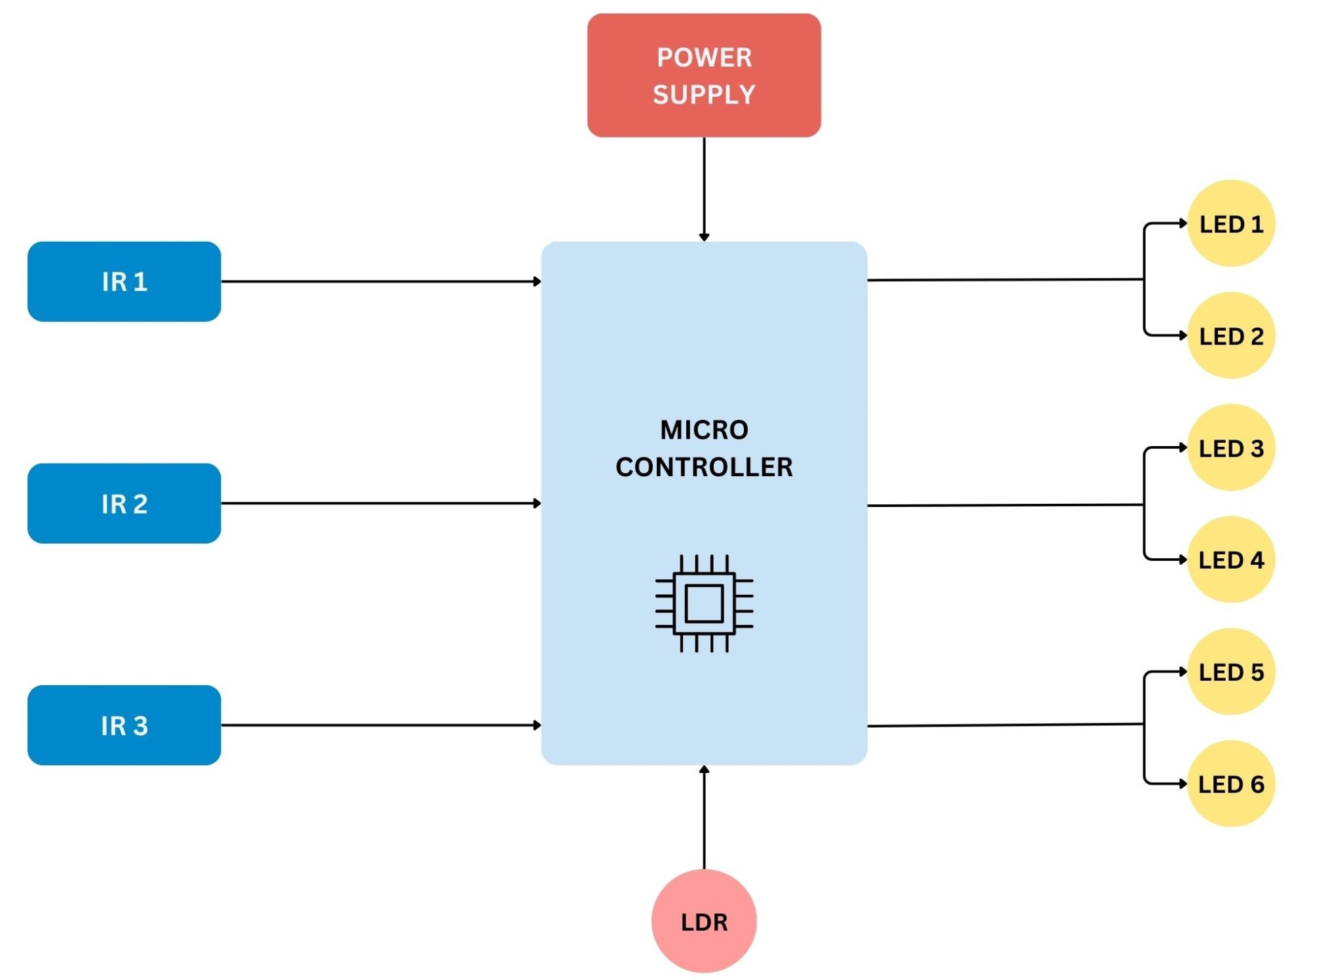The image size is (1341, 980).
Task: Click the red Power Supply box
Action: point(703,75)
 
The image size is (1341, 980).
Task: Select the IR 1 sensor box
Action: point(124,281)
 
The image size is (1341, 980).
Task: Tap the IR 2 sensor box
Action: point(124,503)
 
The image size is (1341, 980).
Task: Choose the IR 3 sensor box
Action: point(124,725)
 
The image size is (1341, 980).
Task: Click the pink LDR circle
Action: point(704,920)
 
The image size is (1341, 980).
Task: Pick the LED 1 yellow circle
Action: point(1230,223)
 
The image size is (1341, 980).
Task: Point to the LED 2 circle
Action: point(1230,335)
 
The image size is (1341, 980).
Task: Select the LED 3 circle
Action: point(1230,447)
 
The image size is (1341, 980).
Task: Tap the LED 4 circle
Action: point(1230,559)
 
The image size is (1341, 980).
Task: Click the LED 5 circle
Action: point(1230,671)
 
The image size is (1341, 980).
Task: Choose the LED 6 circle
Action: point(1230,783)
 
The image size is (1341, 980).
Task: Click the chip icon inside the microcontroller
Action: point(704,603)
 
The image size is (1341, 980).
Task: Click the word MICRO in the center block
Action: point(704,430)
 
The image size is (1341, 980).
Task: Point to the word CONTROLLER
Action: point(704,467)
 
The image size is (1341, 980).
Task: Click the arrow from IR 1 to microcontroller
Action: point(380,281)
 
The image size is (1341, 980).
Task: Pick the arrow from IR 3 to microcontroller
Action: point(380,725)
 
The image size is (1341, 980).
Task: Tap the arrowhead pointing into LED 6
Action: point(1183,783)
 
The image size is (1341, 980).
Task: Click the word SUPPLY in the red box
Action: point(704,95)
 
